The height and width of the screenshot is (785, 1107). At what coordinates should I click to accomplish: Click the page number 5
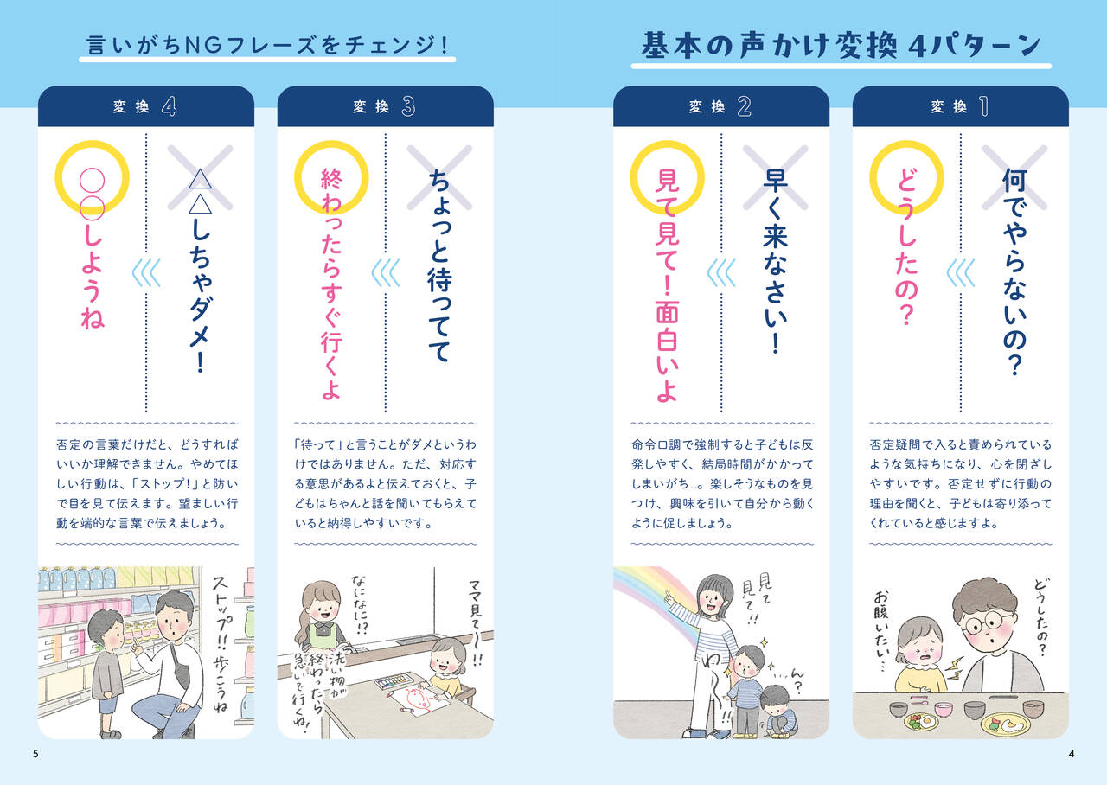pos(35,754)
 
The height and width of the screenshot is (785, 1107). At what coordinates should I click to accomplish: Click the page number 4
pos(1072,754)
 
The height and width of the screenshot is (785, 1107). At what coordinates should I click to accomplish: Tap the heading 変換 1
pos(960,106)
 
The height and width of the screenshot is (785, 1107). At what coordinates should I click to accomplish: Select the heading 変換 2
pos(720,106)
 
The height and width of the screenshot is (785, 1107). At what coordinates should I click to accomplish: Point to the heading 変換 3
pos(384,106)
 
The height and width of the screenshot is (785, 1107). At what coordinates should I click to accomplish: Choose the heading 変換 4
pos(144,106)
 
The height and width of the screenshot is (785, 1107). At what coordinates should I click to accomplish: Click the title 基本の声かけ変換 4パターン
pos(841,46)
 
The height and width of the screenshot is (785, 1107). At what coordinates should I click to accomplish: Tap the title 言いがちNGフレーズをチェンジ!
pos(267,45)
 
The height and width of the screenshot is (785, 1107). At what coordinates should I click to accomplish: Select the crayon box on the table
pos(392,682)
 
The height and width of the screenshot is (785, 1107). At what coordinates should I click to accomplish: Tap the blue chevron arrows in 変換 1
pos(960,273)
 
